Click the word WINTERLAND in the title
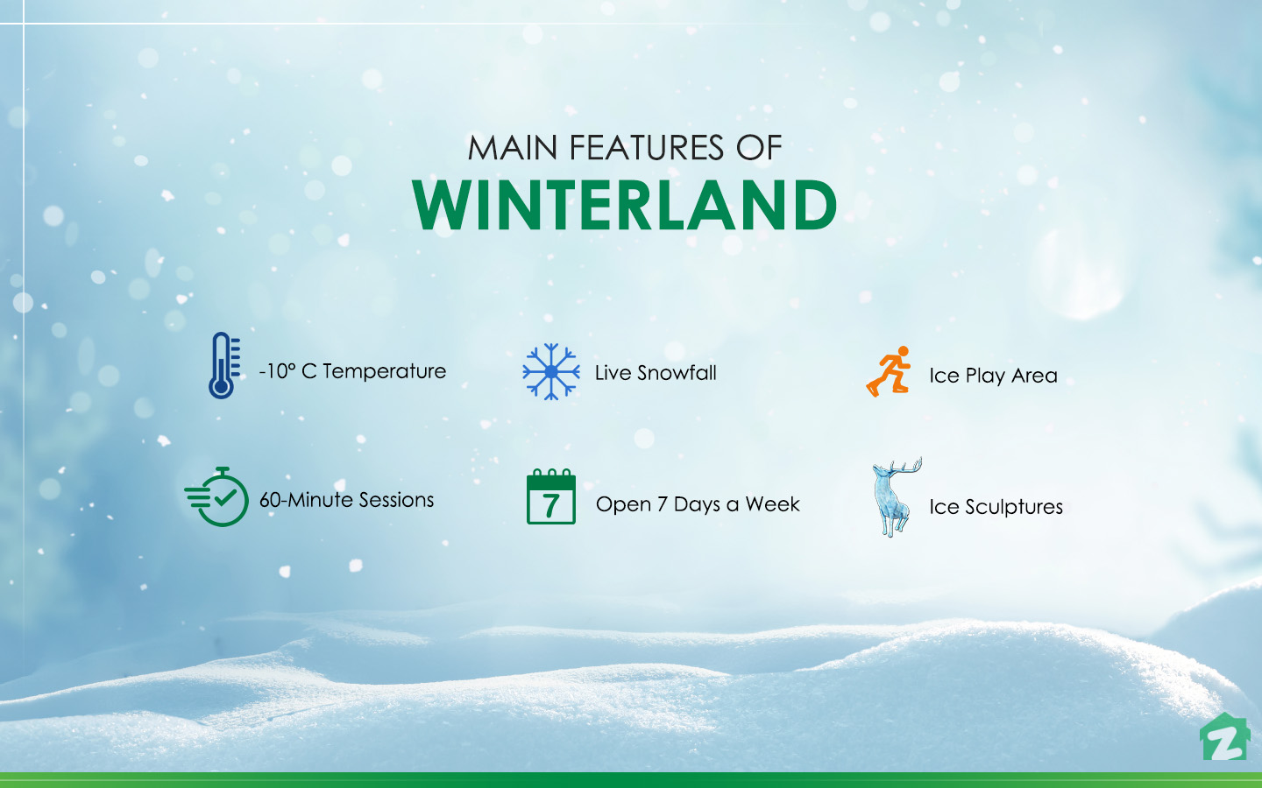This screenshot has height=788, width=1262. point(625,206)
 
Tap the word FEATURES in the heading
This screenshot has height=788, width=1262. point(646,148)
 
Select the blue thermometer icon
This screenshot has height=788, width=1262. point(223,366)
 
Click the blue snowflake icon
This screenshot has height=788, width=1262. point(550,371)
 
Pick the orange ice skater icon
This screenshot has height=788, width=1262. point(889,371)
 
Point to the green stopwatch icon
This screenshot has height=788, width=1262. point(219,497)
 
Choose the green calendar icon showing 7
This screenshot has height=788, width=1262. point(550,497)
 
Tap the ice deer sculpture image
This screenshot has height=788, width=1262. point(894,499)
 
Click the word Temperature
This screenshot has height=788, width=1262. point(385,371)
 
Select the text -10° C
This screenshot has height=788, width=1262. point(287,371)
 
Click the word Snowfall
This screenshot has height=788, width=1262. point(677,373)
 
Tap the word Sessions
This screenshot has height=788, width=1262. point(396,500)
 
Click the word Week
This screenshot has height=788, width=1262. point(772,504)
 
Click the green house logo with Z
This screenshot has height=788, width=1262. point(1223,738)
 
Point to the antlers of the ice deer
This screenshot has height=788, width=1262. point(906,469)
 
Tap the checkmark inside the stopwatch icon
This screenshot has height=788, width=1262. point(225,498)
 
